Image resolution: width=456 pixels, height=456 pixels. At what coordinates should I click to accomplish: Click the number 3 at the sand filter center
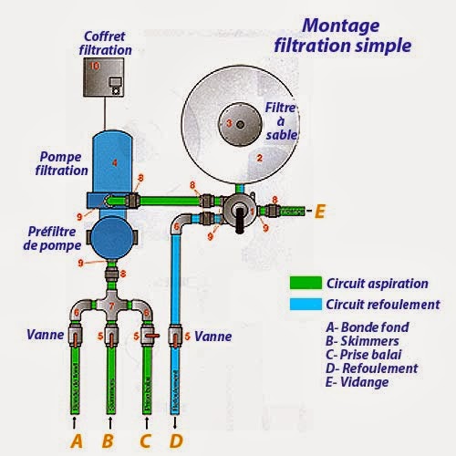(228, 123)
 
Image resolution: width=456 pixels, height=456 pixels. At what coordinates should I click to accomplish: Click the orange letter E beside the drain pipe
(319, 212)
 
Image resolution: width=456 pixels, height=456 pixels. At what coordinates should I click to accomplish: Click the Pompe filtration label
(62, 163)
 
